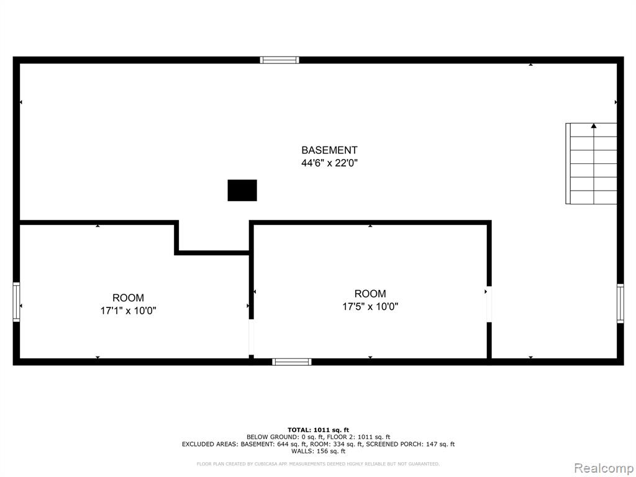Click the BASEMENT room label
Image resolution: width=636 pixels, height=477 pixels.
[329, 150]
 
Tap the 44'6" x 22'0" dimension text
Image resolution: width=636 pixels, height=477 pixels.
[329, 163]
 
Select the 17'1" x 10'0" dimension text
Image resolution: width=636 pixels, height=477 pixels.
[128, 311]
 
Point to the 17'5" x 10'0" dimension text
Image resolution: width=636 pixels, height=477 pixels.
[370, 306]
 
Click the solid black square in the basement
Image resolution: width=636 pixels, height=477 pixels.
[242, 190]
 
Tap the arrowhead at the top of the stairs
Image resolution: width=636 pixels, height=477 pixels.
[594, 125]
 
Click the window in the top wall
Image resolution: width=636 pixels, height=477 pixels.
[279, 60]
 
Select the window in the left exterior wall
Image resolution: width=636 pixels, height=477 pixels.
[16, 302]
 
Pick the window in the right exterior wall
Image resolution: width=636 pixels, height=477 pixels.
[620, 303]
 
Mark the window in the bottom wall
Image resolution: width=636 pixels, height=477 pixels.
[292, 362]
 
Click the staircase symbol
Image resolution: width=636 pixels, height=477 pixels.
[591, 163]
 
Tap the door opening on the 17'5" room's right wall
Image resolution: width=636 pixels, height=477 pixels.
[489, 304]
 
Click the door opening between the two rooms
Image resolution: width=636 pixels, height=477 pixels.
[252, 337]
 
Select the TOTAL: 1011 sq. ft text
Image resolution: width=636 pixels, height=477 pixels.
[319, 430]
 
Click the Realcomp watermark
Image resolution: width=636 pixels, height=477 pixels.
[604, 468]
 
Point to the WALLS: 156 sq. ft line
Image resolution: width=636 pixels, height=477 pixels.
[319, 451]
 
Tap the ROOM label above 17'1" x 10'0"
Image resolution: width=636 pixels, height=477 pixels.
[128, 298]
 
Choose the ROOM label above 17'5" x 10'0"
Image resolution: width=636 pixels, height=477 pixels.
[370, 294]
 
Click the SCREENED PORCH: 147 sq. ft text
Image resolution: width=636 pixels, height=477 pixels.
[411, 444]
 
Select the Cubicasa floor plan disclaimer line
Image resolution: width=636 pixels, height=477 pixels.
[318, 463]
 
